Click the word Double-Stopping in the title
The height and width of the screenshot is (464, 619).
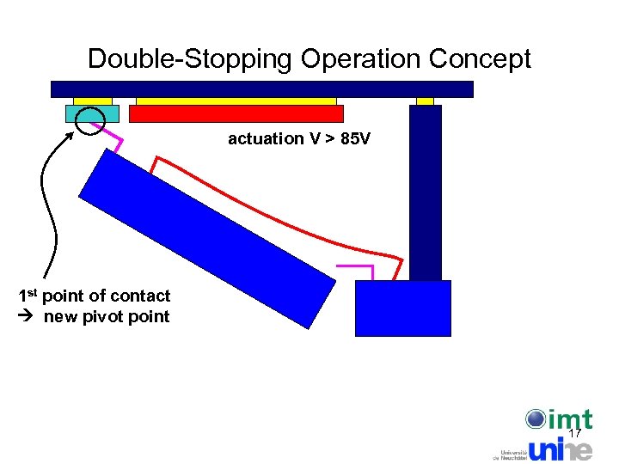[192, 59]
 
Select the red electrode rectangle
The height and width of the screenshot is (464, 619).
[236, 113]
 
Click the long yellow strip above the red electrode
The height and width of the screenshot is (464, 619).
[236, 101]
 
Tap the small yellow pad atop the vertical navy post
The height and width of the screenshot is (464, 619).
[425, 101]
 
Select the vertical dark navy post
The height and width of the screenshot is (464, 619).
[425, 192]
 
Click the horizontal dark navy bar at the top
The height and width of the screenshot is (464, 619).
[262, 89]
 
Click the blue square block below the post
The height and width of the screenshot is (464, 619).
[402, 308]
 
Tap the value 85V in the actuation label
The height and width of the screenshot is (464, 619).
[355, 138]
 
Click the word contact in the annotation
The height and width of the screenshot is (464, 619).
[141, 296]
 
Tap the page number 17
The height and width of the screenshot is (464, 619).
[575, 433]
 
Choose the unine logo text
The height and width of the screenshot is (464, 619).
[559, 449]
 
